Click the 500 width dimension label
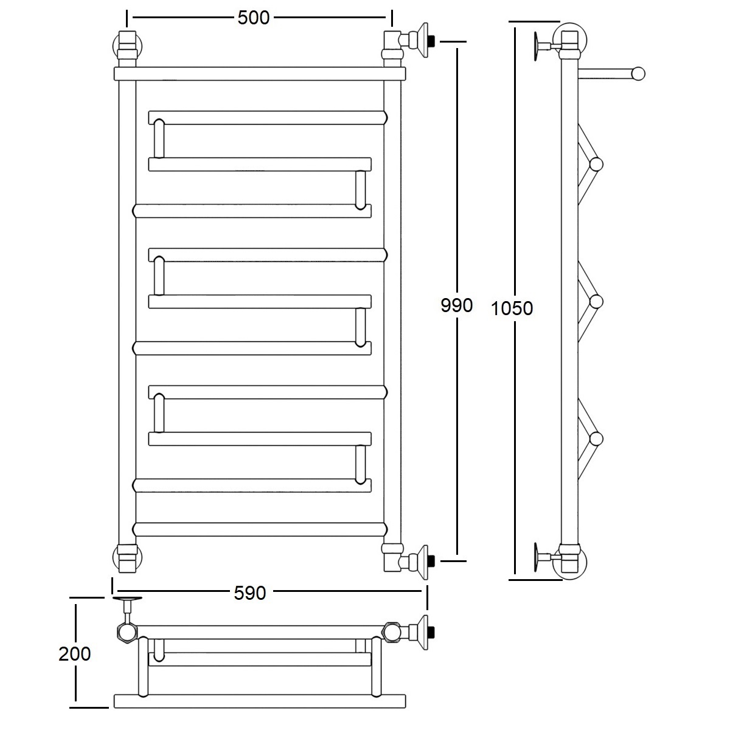(x=254, y=18)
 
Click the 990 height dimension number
(x=456, y=305)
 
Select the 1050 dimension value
(x=512, y=308)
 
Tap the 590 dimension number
(x=249, y=593)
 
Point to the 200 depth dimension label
(x=75, y=654)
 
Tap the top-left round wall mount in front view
(x=127, y=46)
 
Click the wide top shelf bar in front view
(x=260, y=74)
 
